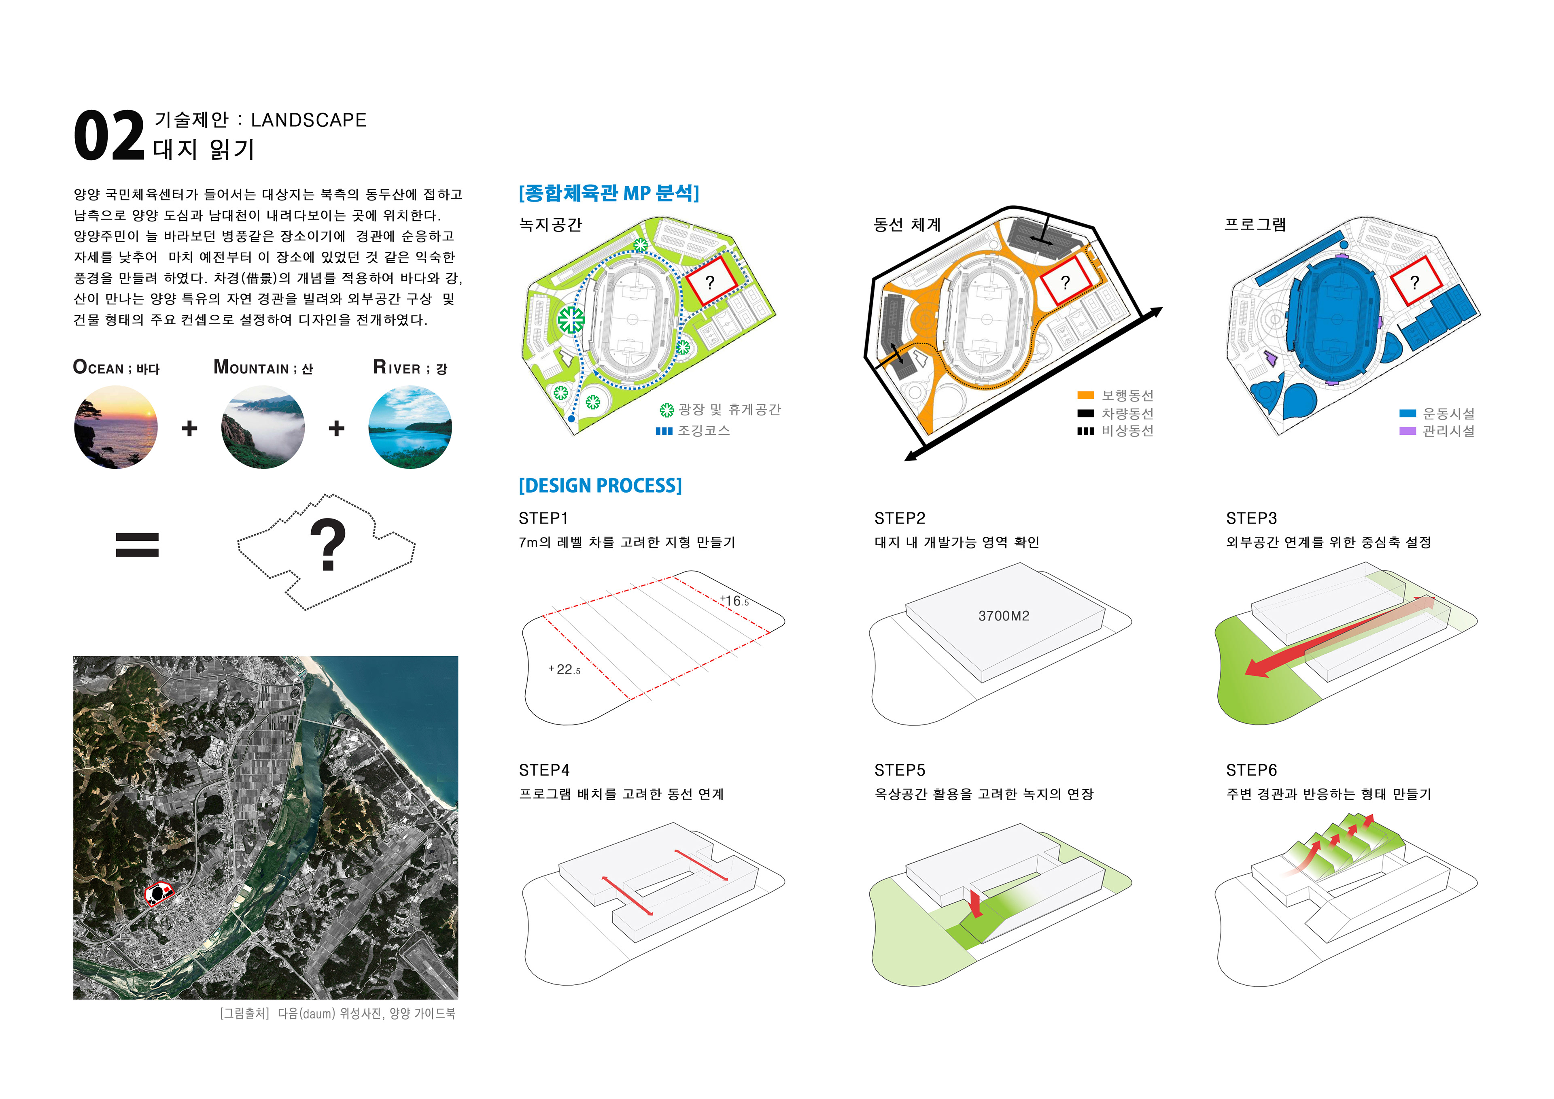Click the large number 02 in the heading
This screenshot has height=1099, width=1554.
108,136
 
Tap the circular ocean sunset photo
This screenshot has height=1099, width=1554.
116,427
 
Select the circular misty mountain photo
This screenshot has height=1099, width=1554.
263,427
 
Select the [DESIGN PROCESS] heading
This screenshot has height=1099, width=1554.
600,485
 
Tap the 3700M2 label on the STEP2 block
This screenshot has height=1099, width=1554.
1003,616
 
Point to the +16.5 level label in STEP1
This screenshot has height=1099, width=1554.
735,601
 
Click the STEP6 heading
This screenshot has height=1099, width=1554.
1251,770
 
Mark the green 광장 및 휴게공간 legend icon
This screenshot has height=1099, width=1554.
667,410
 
